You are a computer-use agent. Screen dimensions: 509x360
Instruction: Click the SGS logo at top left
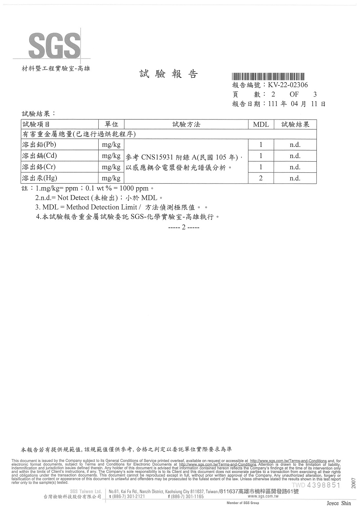point(54,45)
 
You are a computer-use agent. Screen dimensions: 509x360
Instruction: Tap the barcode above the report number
point(269,76)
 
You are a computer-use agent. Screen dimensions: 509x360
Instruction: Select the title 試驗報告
point(168,74)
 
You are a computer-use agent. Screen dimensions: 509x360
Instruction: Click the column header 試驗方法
point(186,125)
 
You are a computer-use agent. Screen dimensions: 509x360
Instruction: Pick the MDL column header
point(261,125)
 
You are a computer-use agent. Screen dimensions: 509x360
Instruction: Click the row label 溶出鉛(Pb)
point(39,145)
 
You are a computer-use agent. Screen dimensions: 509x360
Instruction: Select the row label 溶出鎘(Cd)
point(40,156)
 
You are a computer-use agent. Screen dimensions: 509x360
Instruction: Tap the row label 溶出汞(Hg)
point(40,178)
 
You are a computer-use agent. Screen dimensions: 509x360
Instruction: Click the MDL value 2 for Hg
point(261,178)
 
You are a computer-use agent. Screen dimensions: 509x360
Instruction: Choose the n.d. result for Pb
point(295,145)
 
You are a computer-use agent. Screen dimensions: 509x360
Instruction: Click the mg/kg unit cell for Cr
point(111,167)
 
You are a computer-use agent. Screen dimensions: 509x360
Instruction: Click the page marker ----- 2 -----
point(184,227)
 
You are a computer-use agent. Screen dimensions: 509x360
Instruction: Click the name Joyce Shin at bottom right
point(339,503)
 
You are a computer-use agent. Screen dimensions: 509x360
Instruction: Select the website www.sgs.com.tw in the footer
point(263,496)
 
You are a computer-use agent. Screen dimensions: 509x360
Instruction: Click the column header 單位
point(111,125)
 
